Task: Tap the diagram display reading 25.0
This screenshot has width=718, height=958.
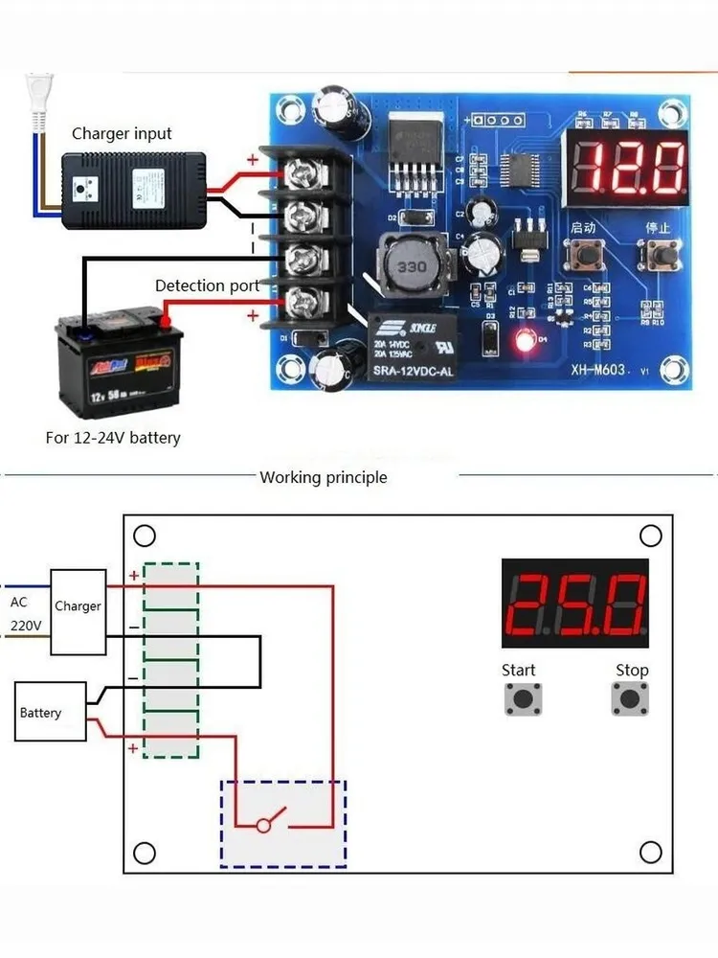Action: [x=574, y=603]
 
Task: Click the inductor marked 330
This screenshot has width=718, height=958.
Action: [x=411, y=265]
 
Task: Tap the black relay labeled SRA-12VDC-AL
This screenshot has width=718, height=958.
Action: [x=412, y=348]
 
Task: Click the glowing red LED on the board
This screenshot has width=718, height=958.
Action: [x=524, y=339]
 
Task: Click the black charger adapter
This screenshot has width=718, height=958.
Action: [x=134, y=189]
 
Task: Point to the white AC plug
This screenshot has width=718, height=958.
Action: [x=38, y=101]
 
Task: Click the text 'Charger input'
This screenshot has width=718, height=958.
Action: [x=122, y=134]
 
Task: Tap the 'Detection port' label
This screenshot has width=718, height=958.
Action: [x=207, y=285]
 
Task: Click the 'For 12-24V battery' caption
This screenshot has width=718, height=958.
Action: [x=113, y=438]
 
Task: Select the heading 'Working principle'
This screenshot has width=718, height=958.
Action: [x=324, y=477]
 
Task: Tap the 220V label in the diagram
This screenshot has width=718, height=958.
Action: [x=26, y=626]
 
